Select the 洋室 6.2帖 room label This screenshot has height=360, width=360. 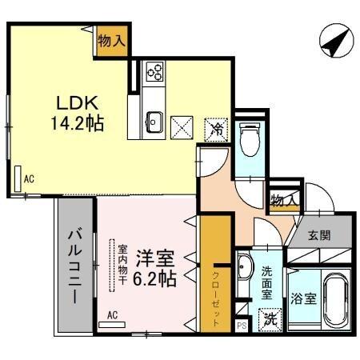click(x=154, y=270)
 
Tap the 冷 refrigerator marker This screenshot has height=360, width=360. click(x=215, y=127)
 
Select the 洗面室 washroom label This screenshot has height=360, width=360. click(x=267, y=282)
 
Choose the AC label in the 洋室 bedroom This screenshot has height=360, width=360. click(x=112, y=315)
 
